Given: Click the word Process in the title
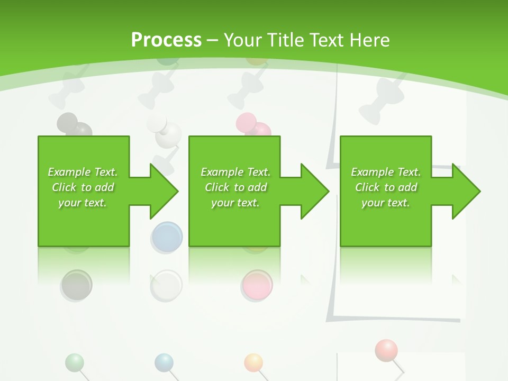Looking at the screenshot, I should tap(166, 40).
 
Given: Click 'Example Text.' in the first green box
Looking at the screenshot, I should tap(83, 172).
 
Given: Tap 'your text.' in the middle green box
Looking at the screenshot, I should tap(235, 203).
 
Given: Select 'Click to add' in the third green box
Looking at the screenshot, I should tap(386, 187).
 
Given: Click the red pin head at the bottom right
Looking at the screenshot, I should tap(386, 350).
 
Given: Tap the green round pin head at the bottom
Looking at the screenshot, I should tap(75, 363).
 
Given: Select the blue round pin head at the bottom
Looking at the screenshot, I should tap(164, 363).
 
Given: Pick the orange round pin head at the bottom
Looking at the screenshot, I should tap(253, 362).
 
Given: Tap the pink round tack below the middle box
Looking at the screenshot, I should tap(257, 285).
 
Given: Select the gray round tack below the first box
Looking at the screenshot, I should tap(77, 285).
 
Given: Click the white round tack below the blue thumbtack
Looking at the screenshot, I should tap(166, 286).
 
